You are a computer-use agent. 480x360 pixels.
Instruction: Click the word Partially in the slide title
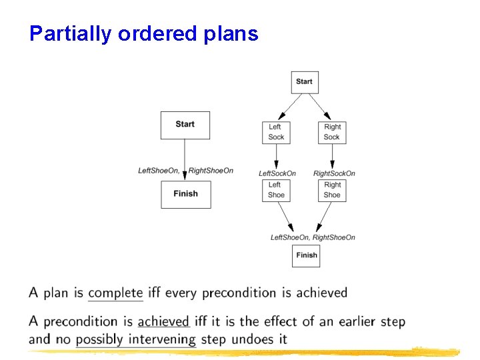pyautogui.click(x=71, y=34)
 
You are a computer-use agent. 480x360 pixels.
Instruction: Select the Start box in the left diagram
pyautogui.click(x=185, y=125)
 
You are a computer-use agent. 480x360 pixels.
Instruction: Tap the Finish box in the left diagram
pyautogui.click(x=185, y=194)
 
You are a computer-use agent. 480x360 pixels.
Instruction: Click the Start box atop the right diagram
pyautogui.click(x=305, y=82)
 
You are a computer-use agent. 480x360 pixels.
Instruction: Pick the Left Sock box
pyautogui.click(x=275, y=132)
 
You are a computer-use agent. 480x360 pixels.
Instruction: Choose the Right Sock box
pyautogui.click(x=332, y=132)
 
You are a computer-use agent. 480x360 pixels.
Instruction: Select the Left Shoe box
pyautogui.click(x=275, y=190)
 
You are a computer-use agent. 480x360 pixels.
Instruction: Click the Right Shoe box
pyautogui.click(x=332, y=190)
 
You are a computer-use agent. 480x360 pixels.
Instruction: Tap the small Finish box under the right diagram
pyautogui.click(x=306, y=255)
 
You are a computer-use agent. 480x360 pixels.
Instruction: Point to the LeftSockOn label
pyautogui.click(x=277, y=173)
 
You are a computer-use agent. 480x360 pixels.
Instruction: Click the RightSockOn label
pyautogui.click(x=335, y=173)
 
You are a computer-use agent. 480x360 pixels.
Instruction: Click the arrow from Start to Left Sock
pyautogui.click(x=290, y=105)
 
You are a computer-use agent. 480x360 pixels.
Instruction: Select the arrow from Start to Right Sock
pyautogui.click(x=318, y=105)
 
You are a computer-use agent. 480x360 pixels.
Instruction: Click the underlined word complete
pyautogui.click(x=115, y=293)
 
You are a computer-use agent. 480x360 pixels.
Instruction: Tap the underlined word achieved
pyautogui.click(x=163, y=321)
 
